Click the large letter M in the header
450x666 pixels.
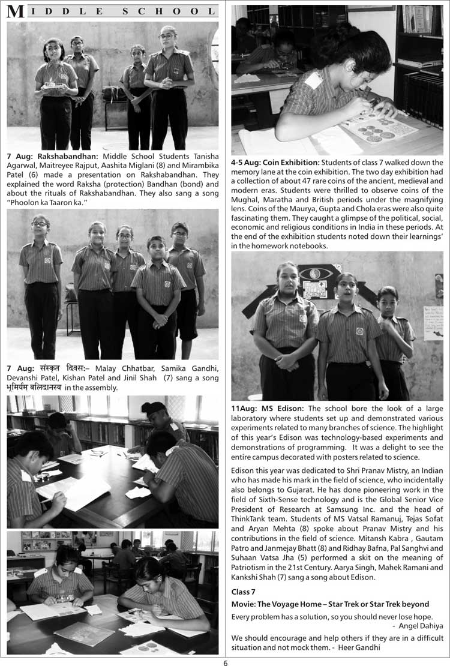point(16,11)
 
